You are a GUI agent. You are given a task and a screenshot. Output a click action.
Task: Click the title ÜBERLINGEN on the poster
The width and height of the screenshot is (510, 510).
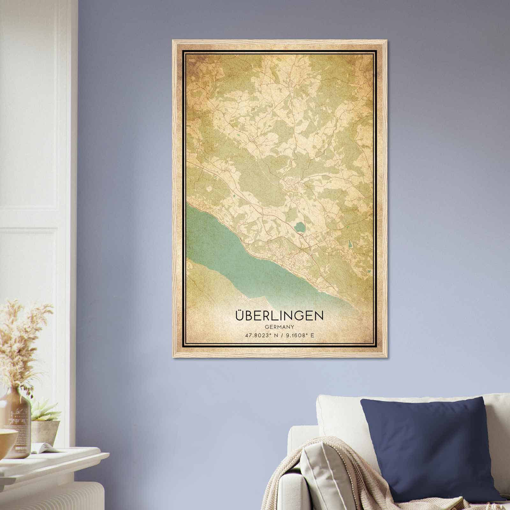[279, 315]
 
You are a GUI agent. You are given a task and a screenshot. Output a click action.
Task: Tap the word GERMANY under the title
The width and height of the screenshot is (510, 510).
[279, 327]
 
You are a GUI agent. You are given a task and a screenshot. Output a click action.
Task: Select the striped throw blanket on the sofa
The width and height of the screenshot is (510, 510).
[322, 478]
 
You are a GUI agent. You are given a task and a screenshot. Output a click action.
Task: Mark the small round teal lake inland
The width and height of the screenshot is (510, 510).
[299, 227]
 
